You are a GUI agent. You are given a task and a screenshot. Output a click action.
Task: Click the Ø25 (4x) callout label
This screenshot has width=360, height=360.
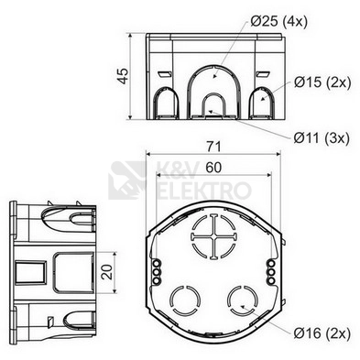[278, 22]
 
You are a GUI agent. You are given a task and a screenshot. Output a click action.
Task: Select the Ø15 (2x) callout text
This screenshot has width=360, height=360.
[322, 82]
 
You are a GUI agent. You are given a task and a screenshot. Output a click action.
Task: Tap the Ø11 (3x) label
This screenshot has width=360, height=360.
[322, 138]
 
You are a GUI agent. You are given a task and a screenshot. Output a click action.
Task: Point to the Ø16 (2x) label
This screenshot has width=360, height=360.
[322, 333]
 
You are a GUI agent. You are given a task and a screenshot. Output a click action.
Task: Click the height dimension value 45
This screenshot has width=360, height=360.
[124, 76]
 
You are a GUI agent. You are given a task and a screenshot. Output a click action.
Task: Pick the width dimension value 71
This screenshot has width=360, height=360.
[213, 147]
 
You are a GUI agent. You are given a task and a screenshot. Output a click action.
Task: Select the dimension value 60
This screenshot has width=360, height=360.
[213, 168]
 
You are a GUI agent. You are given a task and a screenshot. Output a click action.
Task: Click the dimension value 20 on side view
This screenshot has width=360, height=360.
[107, 272]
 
